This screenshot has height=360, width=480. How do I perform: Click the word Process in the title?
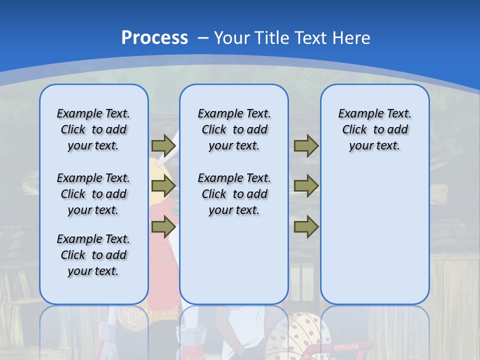coord(154,37)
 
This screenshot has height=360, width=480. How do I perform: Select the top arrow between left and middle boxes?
coord(163,145)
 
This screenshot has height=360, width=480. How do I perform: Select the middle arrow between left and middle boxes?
coord(163,186)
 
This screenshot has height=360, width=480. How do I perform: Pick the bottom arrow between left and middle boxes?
coord(163,227)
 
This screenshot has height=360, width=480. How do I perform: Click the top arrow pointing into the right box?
coord(306,145)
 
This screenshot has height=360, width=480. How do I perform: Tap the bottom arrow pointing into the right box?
coord(306,227)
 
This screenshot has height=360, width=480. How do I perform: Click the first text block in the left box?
coord(93,129)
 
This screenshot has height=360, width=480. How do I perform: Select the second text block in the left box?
coord(93,194)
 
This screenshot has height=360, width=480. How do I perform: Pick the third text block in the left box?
coord(93,255)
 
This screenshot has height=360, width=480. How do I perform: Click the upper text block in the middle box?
coord(234,129)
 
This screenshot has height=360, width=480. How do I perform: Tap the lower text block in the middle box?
coord(234,194)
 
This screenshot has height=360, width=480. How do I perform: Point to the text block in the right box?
coord(374,129)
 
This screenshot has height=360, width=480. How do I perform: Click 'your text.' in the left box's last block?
coord(93,271)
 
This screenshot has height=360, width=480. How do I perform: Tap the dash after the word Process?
coord(203,38)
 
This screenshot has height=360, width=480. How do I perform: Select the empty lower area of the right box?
coord(374,240)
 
